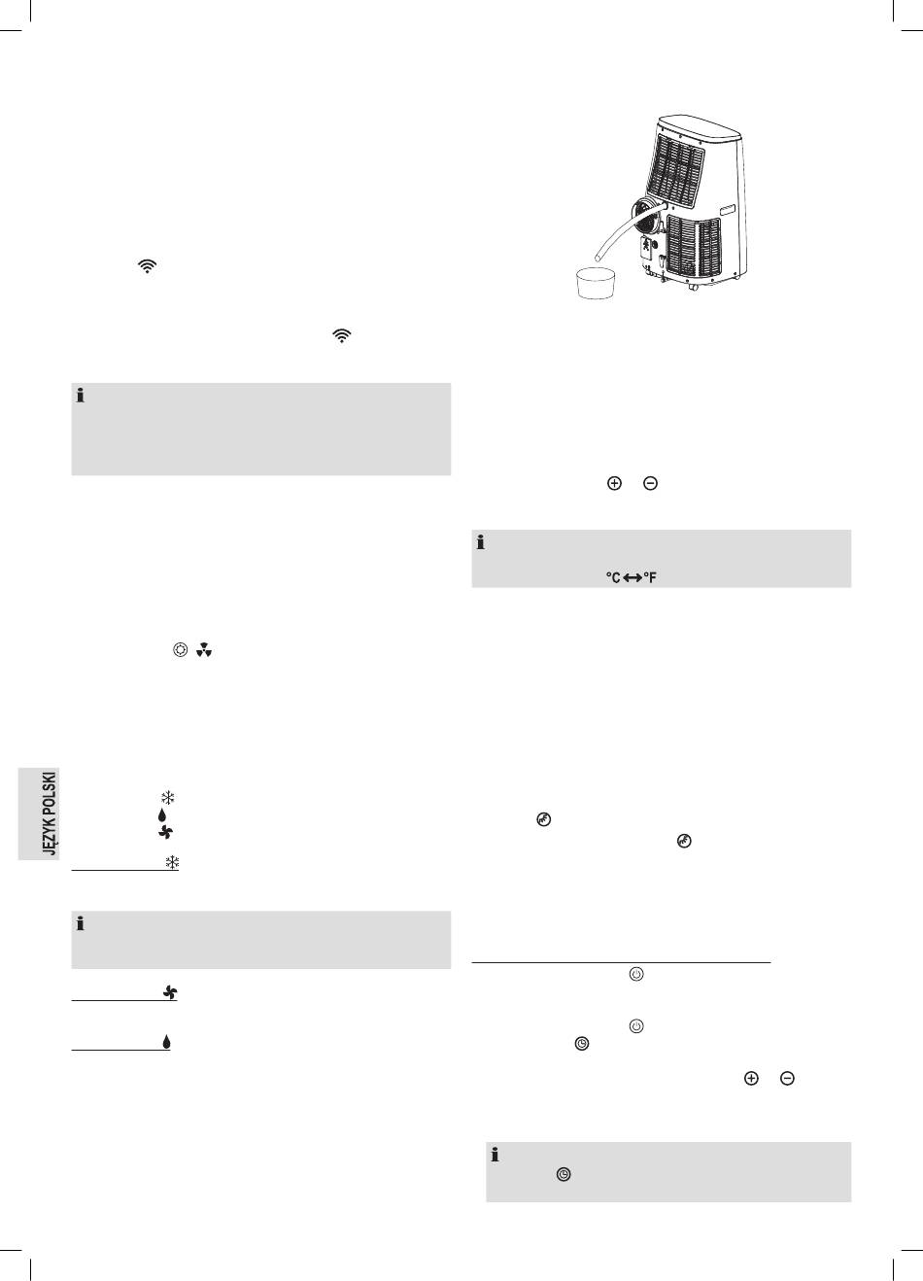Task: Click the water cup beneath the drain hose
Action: pos(597,283)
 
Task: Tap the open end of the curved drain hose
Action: pos(598,255)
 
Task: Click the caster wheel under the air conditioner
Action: pos(695,288)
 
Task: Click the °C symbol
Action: pos(613,577)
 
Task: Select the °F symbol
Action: pos(649,577)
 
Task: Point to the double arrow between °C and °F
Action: pos(632,578)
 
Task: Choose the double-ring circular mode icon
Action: pos(180,650)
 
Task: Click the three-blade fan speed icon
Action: pos(204,650)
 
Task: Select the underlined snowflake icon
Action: pos(172,862)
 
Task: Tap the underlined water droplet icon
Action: pos(166,1042)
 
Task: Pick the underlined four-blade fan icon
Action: pos(170,992)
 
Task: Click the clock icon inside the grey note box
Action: pos(564,1175)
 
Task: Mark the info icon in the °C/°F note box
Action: pos(481,542)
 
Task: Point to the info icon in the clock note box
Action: pos(495,1155)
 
